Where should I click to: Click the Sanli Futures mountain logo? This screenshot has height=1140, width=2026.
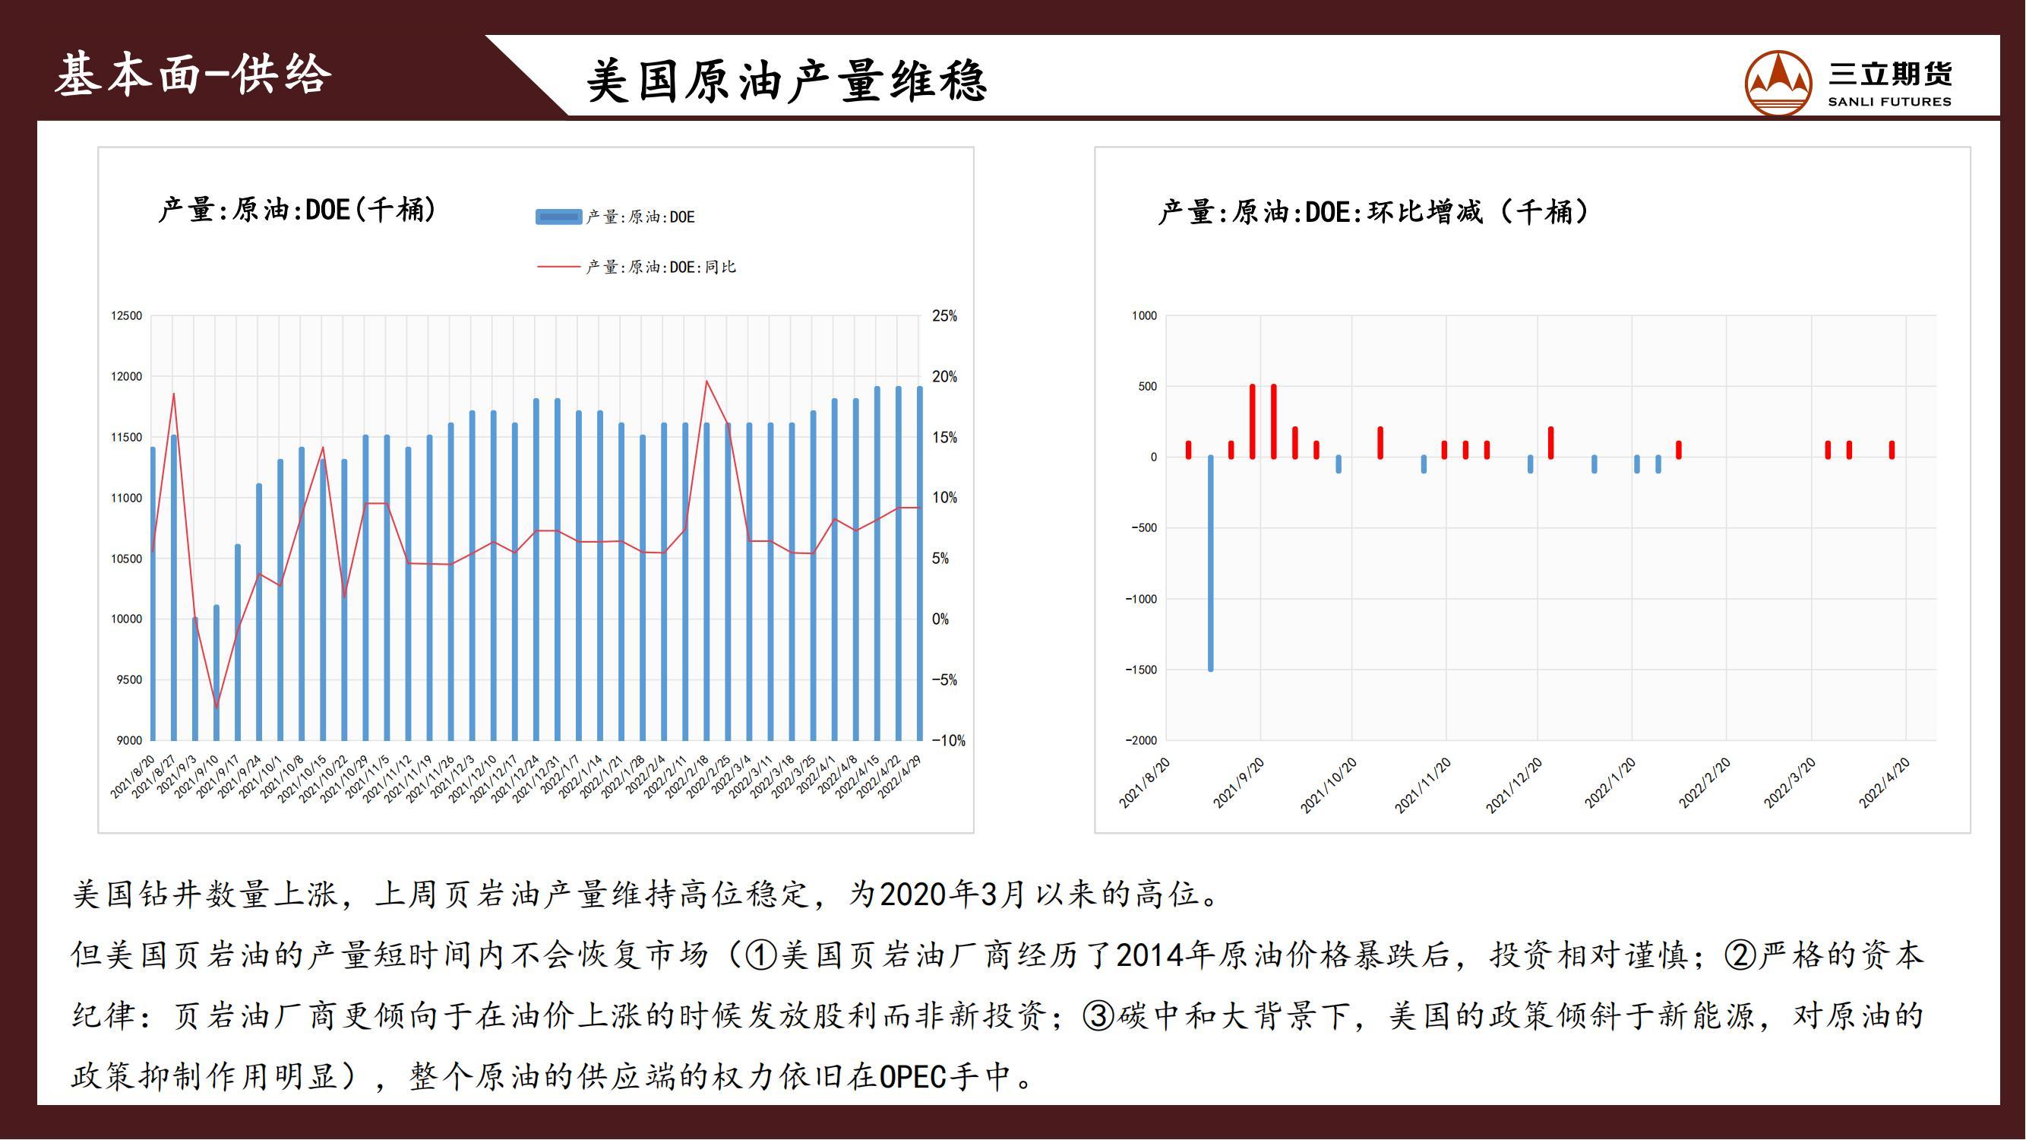(x=1778, y=83)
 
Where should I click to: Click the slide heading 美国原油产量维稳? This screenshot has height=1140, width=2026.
(x=786, y=81)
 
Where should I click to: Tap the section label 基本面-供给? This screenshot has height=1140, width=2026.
(x=193, y=74)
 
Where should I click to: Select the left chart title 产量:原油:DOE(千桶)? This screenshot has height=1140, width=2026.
(x=297, y=210)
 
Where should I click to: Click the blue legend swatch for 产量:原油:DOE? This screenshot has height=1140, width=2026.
(x=558, y=217)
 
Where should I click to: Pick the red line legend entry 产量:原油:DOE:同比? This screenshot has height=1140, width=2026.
(x=637, y=267)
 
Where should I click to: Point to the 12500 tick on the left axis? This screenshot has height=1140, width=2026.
(x=127, y=315)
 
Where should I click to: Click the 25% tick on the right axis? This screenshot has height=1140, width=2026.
(x=944, y=315)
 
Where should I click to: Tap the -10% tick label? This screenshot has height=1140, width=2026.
(x=949, y=740)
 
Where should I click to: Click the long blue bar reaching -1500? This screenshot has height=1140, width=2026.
(x=1210, y=563)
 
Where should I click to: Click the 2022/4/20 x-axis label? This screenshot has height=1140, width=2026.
(x=1885, y=783)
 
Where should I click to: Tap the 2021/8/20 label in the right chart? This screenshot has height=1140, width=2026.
(x=1144, y=783)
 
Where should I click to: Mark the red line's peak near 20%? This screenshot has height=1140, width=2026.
(x=706, y=382)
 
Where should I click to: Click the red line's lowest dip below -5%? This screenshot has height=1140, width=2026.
(x=217, y=708)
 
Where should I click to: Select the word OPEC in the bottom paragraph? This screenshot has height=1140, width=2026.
(x=912, y=1076)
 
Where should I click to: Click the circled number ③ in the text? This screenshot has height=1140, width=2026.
(x=1098, y=1015)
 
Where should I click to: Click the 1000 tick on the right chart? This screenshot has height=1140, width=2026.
(x=1144, y=315)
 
